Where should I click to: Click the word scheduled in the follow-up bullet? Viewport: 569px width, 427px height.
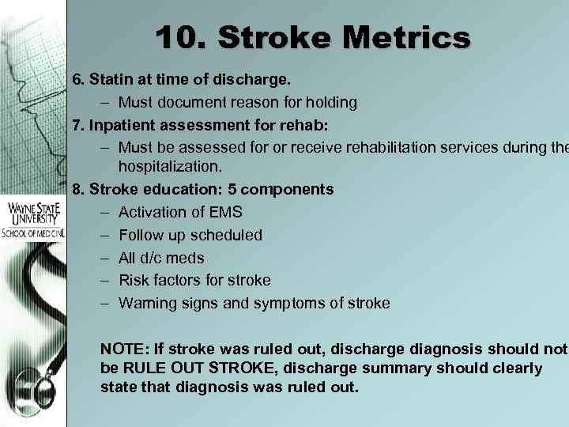click(x=228, y=235)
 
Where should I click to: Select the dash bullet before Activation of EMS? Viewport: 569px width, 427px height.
click(x=106, y=213)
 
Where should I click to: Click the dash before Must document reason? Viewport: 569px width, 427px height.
click(x=106, y=102)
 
